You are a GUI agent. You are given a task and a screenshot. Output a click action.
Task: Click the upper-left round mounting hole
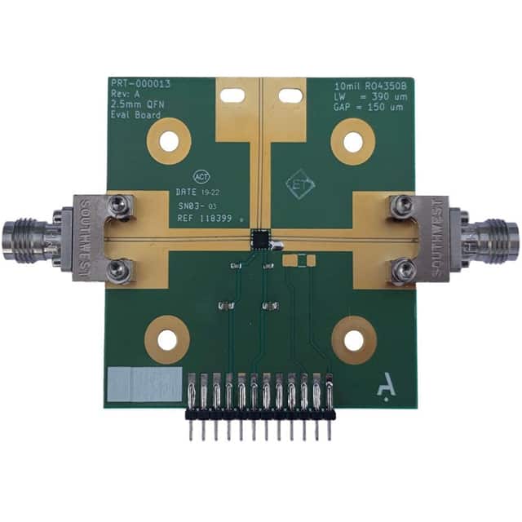(168, 141)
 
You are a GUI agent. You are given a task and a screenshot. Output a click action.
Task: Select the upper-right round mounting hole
(352, 141)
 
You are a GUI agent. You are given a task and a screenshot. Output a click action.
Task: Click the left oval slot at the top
(233, 95)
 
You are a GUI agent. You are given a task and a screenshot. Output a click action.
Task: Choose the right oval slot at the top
(290, 95)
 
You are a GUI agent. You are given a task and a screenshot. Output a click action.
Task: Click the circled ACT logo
(201, 176)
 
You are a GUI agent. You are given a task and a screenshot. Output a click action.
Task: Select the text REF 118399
(204, 221)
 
